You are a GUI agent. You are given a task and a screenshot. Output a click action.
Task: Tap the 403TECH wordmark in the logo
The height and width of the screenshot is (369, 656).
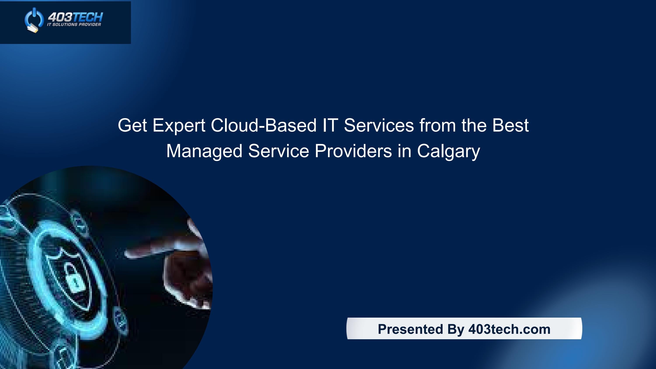pyautogui.click(x=75, y=17)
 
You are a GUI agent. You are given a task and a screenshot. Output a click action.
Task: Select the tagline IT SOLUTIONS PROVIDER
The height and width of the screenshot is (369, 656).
pyautogui.click(x=74, y=25)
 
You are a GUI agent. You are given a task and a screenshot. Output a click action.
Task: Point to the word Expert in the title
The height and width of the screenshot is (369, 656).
pyautogui.click(x=179, y=125)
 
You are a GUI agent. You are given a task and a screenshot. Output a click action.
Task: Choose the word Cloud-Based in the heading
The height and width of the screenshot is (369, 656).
pyautogui.click(x=263, y=125)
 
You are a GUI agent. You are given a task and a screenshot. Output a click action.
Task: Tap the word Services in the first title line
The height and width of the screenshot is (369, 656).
pyautogui.click(x=379, y=125)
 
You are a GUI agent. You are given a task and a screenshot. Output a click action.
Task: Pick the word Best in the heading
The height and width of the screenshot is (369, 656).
pyautogui.click(x=510, y=125)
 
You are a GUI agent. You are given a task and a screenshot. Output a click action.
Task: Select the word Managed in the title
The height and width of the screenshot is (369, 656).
pyautogui.click(x=204, y=151)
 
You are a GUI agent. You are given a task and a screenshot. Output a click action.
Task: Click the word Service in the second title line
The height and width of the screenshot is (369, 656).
pyautogui.click(x=278, y=151)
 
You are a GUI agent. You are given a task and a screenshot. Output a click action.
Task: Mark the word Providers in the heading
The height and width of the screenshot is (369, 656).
pyautogui.click(x=353, y=151)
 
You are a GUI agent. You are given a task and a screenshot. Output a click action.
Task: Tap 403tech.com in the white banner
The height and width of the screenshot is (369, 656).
pyautogui.click(x=509, y=329)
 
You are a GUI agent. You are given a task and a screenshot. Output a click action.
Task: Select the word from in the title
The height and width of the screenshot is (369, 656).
pyautogui.click(x=438, y=125)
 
